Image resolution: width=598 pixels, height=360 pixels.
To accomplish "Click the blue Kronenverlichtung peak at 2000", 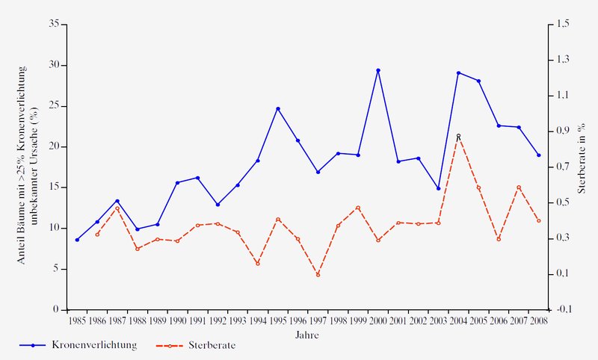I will [x=378, y=70].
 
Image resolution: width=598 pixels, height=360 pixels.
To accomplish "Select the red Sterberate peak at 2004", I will [x=458, y=136].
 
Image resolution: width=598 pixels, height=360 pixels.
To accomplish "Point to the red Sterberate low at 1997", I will [x=318, y=275].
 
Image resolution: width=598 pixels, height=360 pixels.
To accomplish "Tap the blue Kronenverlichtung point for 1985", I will [x=77, y=240].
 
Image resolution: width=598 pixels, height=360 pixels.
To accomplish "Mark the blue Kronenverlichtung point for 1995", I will [x=278, y=108].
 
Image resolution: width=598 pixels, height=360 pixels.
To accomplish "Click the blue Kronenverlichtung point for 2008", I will [x=538, y=155].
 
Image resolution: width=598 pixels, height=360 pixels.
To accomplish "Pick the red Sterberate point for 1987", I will [x=117, y=208].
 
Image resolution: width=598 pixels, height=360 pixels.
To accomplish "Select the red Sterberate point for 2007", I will [x=519, y=187].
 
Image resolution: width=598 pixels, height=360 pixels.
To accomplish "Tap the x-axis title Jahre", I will [x=307, y=335].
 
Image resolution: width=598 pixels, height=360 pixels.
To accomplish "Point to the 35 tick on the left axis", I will [x=54, y=25].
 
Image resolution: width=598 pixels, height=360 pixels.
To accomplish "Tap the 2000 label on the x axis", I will [x=378, y=321].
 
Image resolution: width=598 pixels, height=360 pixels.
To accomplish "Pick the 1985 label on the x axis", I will [x=77, y=321].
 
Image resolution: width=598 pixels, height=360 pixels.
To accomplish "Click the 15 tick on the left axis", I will [x=54, y=187].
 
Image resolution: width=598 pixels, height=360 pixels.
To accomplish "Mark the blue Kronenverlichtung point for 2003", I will [x=438, y=188].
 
